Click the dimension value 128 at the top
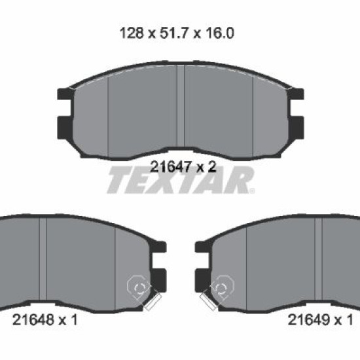[132, 33]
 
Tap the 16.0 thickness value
[220, 33]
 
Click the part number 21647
[171, 167]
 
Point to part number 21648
[33, 319]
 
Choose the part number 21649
[309, 319]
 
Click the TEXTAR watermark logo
[181, 180]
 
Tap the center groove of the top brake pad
[181, 106]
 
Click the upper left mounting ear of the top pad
[65, 94]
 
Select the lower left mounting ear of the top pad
[65, 128]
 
